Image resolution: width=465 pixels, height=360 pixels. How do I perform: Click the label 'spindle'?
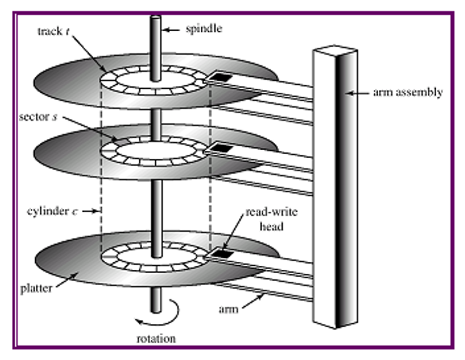204,29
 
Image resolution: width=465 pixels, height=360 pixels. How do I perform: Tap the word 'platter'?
36,288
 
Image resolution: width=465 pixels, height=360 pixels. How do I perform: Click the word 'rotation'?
156,339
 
